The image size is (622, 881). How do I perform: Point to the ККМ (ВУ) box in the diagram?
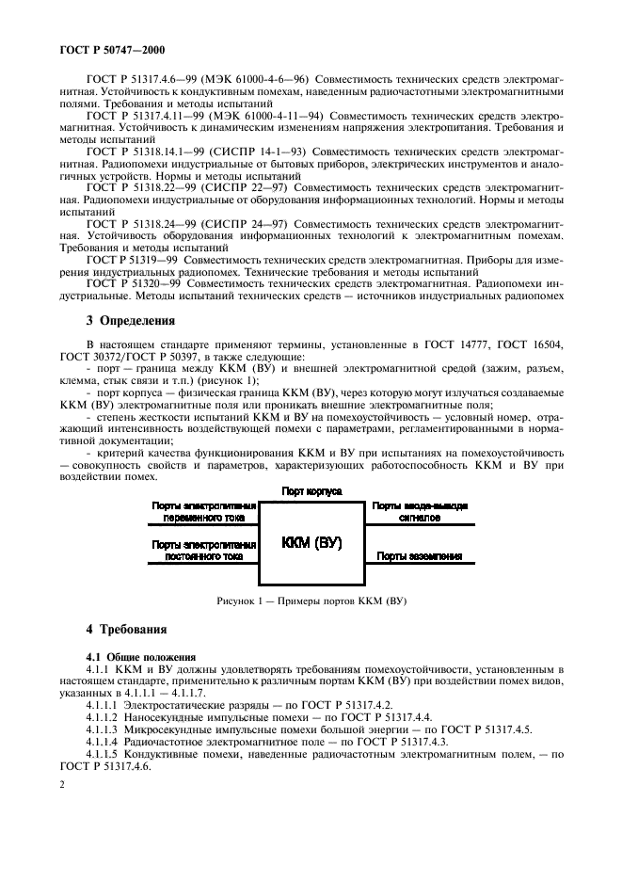pos(311,543)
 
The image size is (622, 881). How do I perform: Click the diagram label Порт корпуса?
pos(311,491)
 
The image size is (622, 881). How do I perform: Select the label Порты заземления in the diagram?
pos(419,556)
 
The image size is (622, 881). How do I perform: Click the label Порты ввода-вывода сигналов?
pos(419,511)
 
